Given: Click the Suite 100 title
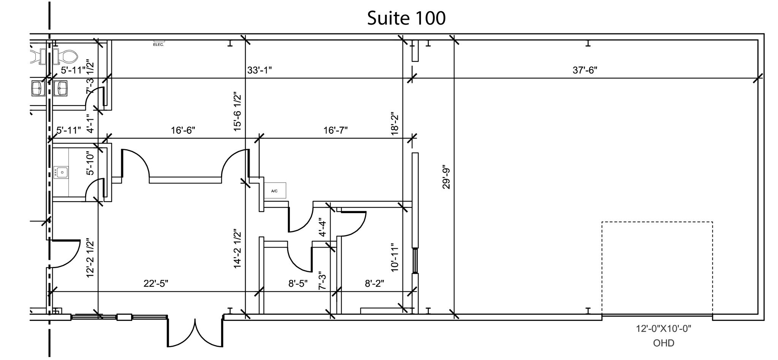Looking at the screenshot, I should pyautogui.click(x=406, y=18).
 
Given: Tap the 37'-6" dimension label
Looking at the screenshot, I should pyautogui.click(x=585, y=70).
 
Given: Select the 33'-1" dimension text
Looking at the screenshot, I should pyautogui.click(x=259, y=70).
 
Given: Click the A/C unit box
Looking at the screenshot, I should pyautogui.click(x=275, y=191).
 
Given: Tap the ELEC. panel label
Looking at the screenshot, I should pyautogui.click(x=158, y=45).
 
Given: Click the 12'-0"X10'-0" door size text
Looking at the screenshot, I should pyautogui.click(x=663, y=329).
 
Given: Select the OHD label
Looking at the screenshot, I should pyautogui.click(x=664, y=343).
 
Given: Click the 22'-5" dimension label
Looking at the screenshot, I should pyautogui.click(x=156, y=284).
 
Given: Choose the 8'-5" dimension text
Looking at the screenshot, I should pyautogui.click(x=298, y=284).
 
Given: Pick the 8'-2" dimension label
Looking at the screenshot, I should pyautogui.click(x=374, y=284).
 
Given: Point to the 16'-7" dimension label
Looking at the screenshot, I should pyautogui.click(x=335, y=131).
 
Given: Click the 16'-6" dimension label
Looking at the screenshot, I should pyautogui.click(x=183, y=131).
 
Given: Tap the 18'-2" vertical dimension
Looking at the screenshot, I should pyautogui.click(x=395, y=123).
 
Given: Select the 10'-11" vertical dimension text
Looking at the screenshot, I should pyautogui.click(x=395, y=257).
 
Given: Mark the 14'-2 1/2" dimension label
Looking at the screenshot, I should pyautogui.click(x=238, y=249).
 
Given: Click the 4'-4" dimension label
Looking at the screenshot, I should pyautogui.click(x=322, y=227).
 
